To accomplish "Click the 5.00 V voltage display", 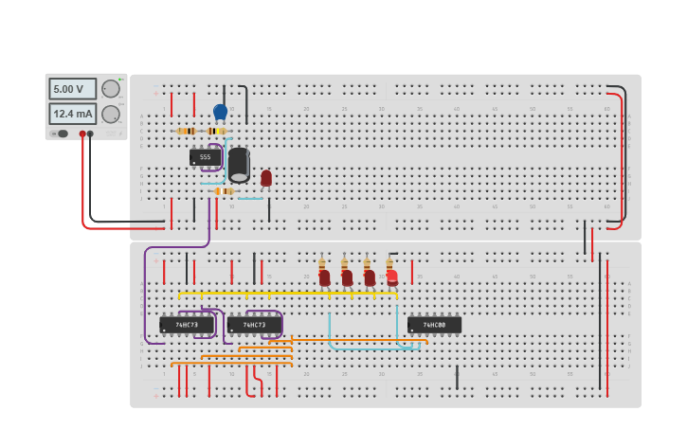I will pos(72,89).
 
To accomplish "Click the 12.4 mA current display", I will pos(72,114).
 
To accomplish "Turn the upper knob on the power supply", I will pos(111,89).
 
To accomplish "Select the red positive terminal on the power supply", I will pos(82,134).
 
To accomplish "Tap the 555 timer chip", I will pos(205,157).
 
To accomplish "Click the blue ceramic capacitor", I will pos(221,112).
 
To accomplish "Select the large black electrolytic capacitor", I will pos(239,165).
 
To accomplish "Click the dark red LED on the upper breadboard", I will pos(266,177).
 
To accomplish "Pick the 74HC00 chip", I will pos(434,325).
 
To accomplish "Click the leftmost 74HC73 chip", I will pos(186,325).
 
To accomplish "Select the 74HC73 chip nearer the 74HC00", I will pos(253,325).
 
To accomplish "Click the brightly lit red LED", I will pos(391,277).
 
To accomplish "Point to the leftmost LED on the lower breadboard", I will pos(324,277).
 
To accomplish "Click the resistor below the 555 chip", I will pos(225,191).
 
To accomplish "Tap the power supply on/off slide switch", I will pos(62,134).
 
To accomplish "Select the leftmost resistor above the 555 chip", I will pos(187,131).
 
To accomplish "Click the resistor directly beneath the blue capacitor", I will pos(216,131).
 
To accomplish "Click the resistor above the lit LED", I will pos(389,264).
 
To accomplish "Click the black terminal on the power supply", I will pos(91,134).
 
